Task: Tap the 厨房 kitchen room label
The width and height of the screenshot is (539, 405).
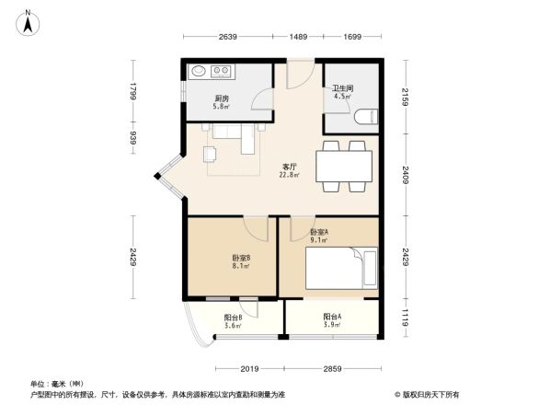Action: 222,98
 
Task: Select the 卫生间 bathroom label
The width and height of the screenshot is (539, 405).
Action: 343,89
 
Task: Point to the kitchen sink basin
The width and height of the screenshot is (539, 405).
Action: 199,71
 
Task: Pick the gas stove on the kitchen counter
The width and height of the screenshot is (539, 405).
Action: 221,71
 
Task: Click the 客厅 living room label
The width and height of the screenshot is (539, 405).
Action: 289,167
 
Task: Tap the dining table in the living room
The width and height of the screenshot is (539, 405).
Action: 344,167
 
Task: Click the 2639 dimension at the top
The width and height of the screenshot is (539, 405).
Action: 228,37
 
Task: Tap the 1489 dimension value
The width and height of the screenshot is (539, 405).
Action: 298,37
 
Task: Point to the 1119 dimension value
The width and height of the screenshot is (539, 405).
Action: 404,318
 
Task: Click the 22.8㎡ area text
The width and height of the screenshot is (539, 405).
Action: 289,175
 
